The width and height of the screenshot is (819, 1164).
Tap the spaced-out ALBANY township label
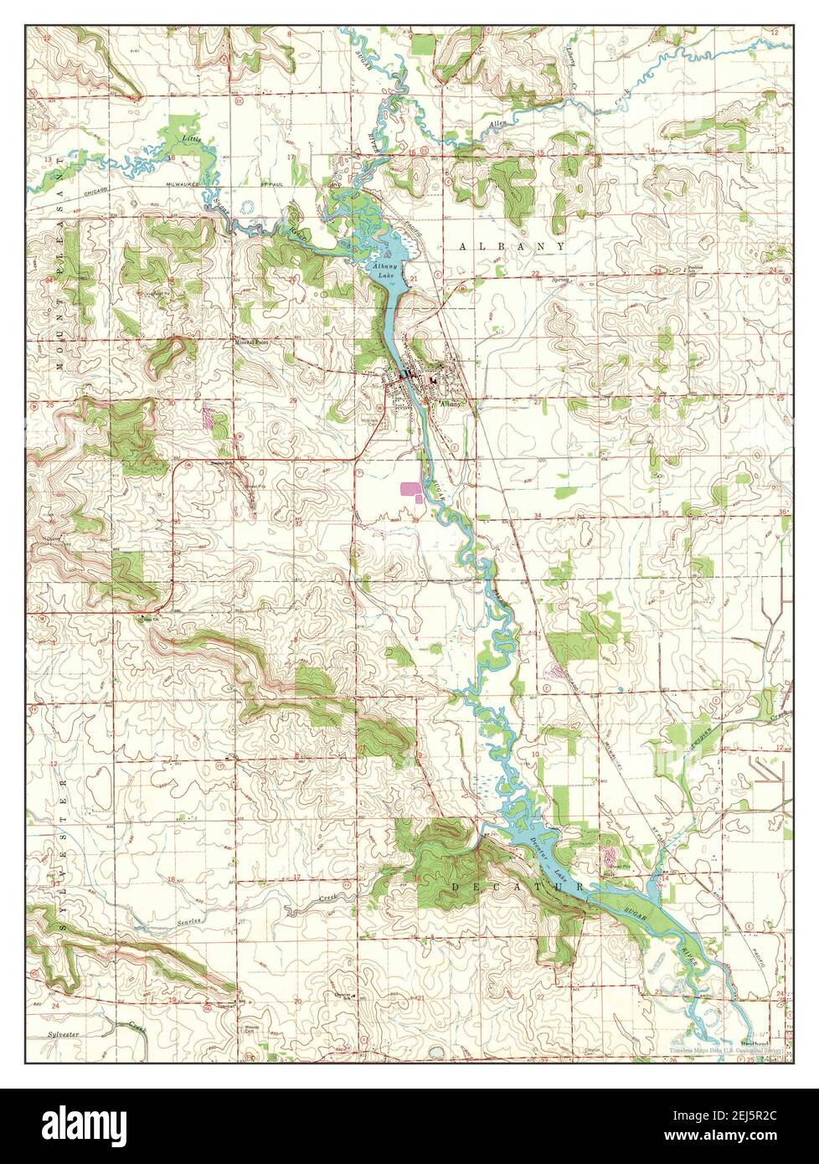[x=512, y=246]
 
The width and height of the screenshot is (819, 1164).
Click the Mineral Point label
[x=250, y=342]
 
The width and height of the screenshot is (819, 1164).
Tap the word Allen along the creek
[x=498, y=125]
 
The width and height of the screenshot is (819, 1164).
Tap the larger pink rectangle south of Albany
[x=412, y=487]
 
